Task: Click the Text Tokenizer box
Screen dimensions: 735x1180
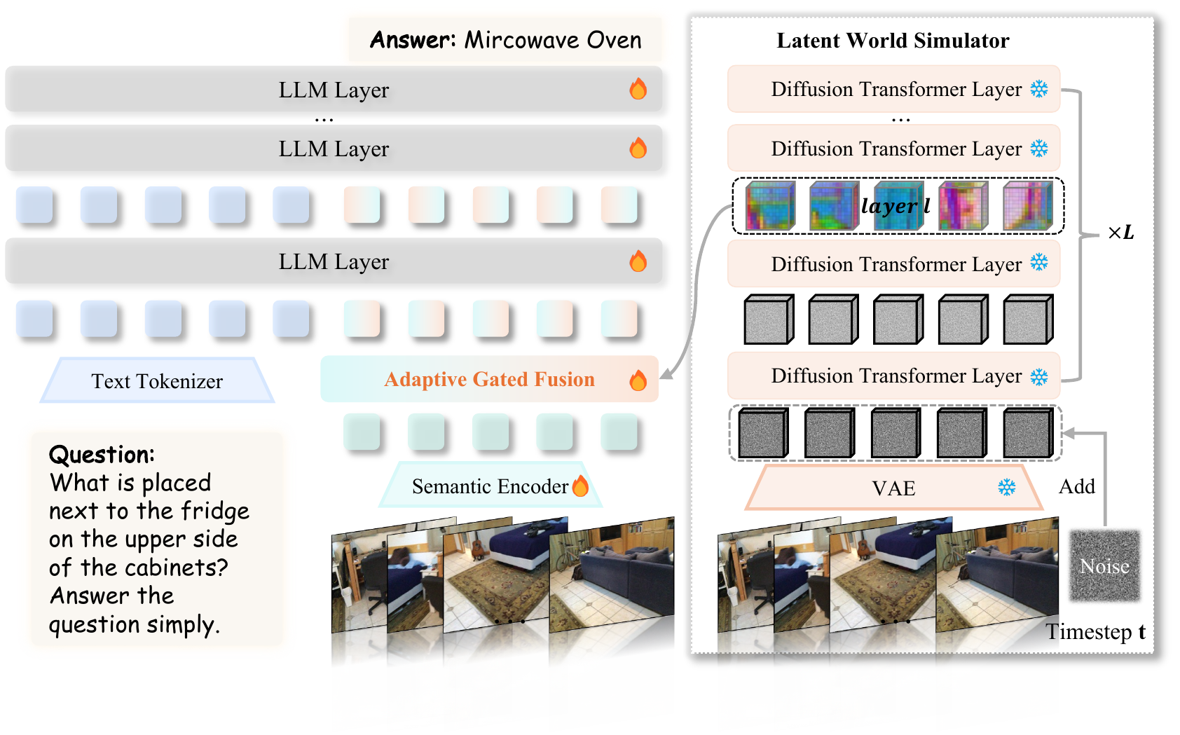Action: (x=157, y=381)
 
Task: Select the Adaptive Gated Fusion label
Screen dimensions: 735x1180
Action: (x=489, y=379)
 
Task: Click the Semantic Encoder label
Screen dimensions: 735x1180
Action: (x=490, y=486)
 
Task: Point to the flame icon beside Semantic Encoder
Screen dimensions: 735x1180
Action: (x=580, y=486)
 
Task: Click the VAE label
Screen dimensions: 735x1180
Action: (x=893, y=488)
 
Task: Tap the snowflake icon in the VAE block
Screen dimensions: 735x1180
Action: (x=1007, y=487)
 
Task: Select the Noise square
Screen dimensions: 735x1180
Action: (x=1104, y=565)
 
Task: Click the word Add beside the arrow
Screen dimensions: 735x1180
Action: (x=1076, y=486)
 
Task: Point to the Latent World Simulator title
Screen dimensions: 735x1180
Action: (x=893, y=41)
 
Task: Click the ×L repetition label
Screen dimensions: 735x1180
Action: (x=1120, y=233)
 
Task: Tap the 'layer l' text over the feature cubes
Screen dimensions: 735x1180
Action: (x=896, y=205)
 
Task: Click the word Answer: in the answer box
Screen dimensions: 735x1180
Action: (x=413, y=40)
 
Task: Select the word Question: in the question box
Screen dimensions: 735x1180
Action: (x=102, y=455)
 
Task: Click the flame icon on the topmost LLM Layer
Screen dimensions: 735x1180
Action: (x=638, y=89)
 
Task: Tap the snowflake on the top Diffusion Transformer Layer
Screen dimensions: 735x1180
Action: (x=1039, y=89)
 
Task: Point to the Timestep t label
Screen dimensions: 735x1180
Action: (x=1095, y=631)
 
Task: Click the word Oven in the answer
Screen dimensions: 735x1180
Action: (x=614, y=40)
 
